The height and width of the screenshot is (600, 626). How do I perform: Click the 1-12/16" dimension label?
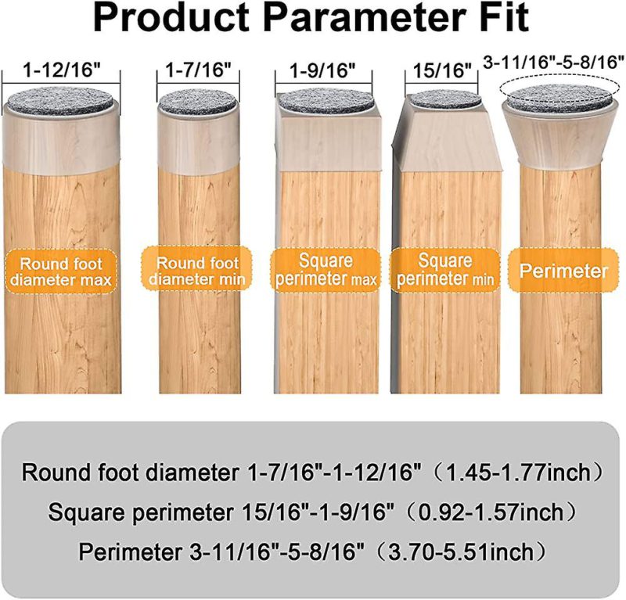pyautogui.click(x=61, y=70)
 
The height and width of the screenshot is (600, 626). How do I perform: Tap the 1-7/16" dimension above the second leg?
pyautogui.click(x=199, y=70)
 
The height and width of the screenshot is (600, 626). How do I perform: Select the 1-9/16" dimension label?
pyautogui.click(x=322, y=71)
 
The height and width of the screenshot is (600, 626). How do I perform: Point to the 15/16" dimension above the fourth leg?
pyautogui.click(x=442, y=71)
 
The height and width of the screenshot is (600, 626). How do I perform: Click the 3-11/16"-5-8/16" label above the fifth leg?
pyautogui.click(x=553, y=63)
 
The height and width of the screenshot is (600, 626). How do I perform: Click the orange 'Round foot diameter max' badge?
pyautogui.click(x=61, y=272)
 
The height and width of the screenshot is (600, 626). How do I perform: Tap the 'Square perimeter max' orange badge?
pyautogui.click(x=326, y=270)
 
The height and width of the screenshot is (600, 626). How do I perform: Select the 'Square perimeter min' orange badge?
pyautogui.click(x=445, y=270)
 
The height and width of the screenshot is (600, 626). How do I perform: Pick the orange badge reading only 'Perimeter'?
pyautogui.click(x=563, y=270)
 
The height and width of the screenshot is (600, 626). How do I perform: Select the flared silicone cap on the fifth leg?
pyautogui.click(x=561, y=131)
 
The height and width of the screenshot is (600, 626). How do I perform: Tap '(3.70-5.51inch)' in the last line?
pyautogui.click(x=462, y=552)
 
